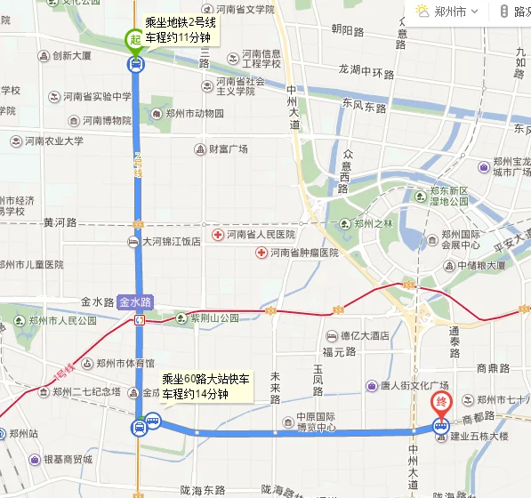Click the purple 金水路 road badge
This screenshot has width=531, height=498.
(135, 302)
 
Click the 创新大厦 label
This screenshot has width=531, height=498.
(71, 55)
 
